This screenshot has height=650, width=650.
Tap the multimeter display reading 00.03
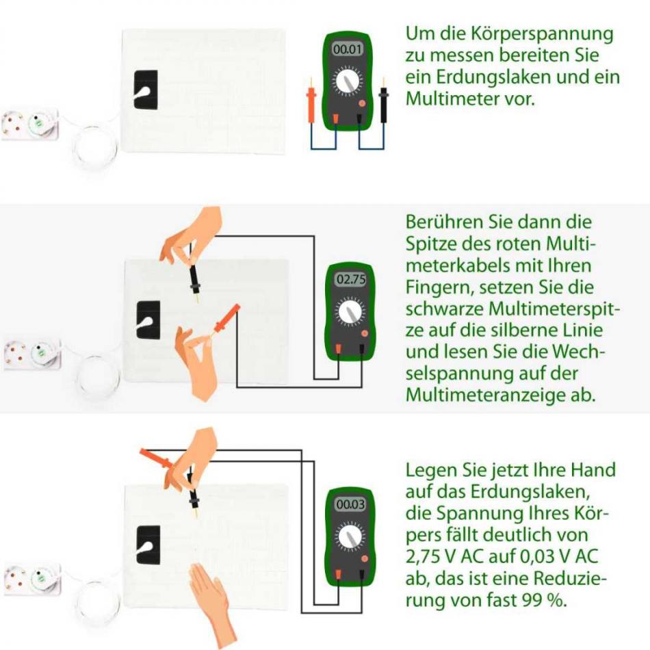350,505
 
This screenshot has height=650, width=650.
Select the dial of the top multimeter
348,82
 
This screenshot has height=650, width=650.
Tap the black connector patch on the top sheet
145,90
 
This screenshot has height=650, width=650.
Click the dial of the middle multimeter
350,313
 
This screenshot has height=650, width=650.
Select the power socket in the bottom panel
31,580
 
